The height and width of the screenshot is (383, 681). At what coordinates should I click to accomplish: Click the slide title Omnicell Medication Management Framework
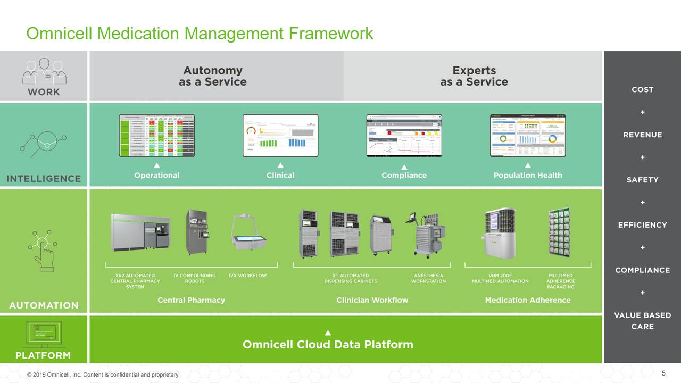point(200,34)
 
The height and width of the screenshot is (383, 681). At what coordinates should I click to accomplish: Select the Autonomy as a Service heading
point(212,76)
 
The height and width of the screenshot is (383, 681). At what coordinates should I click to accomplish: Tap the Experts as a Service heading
point(474,76)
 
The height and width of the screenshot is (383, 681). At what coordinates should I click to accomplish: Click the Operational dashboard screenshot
point(156,135)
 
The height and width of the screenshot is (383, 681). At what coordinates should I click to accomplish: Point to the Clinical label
point(280,175)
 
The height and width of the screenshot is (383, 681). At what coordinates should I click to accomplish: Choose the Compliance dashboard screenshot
point(404,135)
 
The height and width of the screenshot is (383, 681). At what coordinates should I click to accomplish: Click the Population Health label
point(527,175)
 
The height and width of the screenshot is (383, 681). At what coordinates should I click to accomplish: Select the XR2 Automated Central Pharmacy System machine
point(140,232)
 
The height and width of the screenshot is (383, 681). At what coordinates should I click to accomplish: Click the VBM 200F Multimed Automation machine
point(500,233)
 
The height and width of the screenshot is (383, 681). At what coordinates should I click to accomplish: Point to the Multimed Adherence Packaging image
point(560,233)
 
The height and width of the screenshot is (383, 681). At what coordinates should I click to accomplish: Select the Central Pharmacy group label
point(191,300)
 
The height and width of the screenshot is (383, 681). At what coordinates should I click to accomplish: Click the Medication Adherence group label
point(527,300)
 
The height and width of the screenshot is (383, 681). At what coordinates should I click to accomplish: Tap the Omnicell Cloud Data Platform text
point(328,344)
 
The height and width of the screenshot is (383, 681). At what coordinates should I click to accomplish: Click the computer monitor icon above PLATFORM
point(44,334)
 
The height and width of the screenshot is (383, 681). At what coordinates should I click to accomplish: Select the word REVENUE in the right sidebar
point(642,135)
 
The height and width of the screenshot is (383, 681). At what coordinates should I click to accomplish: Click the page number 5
point(663,373)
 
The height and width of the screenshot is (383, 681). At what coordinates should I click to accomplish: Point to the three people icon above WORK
point(44,71)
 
